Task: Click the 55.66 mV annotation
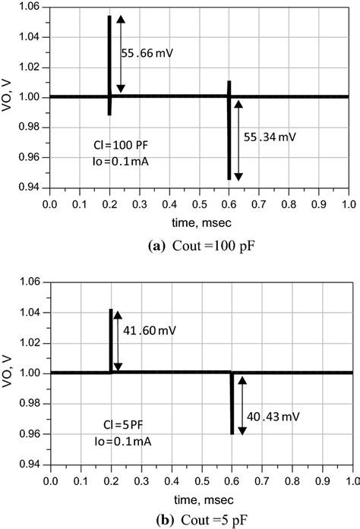tap(150, 54)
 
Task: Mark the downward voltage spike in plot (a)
tap(229, 140)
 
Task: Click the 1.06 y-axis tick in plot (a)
tap(30, 7)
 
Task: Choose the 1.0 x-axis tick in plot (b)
tap(349, 480)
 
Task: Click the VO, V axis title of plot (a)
tap(8, 97)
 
